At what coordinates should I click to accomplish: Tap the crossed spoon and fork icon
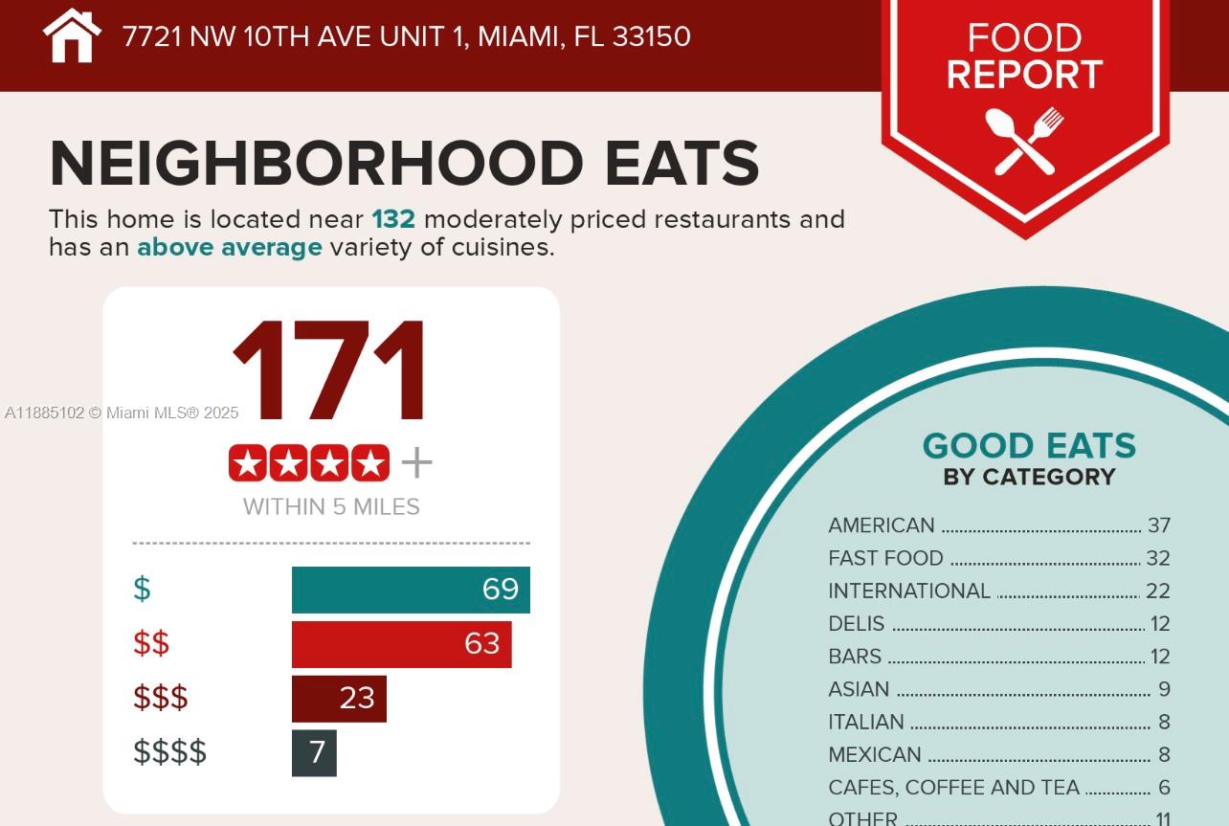(x=1024, y=141)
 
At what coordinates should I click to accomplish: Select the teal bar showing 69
(x=411, y=590)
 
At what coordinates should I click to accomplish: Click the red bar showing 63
(x=401, y=644)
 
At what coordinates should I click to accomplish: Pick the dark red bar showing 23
(x=339, y=699)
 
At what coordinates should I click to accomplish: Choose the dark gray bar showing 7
(x=314, y=753)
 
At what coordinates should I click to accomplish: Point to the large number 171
(x=330, y=373)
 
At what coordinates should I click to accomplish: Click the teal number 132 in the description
(x=393, y=219)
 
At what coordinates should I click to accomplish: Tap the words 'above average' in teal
(x=230, y=248)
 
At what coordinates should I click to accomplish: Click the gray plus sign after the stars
(x=416, y=463)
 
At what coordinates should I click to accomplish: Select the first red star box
(x=248, y=463)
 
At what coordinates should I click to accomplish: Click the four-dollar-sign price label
(x=169, y=752)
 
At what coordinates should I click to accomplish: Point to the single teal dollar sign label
(x=142, y=589)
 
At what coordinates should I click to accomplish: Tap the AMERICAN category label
(x=881, y=525)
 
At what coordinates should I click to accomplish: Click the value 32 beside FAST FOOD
(x=1158, y=558)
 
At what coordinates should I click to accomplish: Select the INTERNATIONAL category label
(x=909, y=591)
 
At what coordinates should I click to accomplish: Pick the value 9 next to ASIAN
(x=1164, y=689)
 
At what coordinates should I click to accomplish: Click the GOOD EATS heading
(x=1029, y=446)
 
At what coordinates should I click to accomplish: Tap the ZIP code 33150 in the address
(x=651, y=36)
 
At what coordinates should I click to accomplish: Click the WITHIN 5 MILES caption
(x=331, y=506)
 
